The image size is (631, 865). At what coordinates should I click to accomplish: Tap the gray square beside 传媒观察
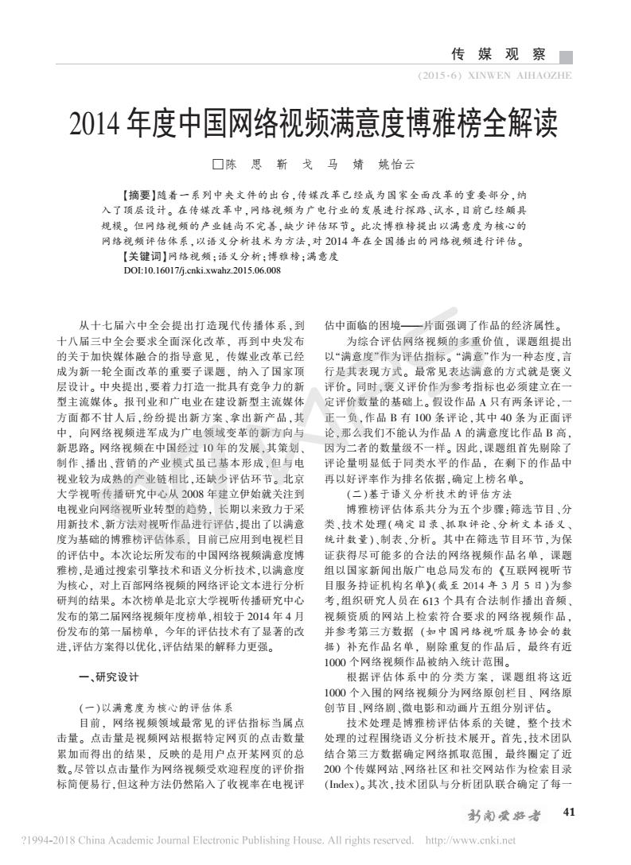[x=566, y=56]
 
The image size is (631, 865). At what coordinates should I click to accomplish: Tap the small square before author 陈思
[x=217, y=165]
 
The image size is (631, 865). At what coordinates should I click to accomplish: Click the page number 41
[x=568, y=812]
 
